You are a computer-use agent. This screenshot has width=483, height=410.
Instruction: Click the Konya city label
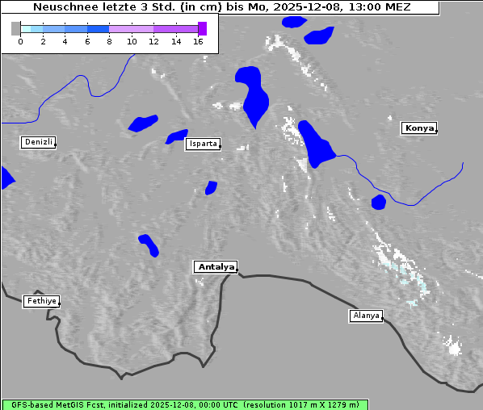click(x=418, y=128)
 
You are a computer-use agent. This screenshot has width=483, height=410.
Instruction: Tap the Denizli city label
click(x=38, y=142)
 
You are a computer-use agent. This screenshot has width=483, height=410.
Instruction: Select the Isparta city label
click(x=202, y=144)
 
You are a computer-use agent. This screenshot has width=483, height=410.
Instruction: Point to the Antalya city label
click(x=216, y=266)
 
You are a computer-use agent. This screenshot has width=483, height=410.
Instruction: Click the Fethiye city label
click(x=40, y=301)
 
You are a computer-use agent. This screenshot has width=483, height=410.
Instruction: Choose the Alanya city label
click(x=366, y=315)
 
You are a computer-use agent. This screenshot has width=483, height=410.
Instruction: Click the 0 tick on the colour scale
click(x=20, y=40)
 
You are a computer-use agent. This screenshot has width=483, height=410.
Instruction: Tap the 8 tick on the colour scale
click(x=109, y=40)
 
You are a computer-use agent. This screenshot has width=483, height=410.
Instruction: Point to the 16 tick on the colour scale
click(x=198, y=40)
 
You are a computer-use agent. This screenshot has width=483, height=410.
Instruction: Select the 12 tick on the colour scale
click(x=153, y=40)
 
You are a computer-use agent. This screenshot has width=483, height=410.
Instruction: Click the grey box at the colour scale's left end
click(x=15, y=28)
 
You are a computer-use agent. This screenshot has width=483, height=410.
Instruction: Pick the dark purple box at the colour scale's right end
click(x=202, y=28)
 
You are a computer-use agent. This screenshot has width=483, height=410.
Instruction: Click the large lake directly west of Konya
click(x=315, y=144)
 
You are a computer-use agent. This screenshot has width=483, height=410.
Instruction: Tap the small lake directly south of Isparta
click(x=211, y=187)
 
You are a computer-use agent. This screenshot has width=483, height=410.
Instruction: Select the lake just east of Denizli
click(x=143, y=123)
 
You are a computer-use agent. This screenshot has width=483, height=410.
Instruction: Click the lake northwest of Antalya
click(x=149, y=245)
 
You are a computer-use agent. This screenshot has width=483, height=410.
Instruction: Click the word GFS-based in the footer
click(x=31, y=404)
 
